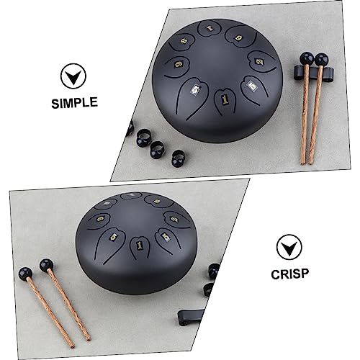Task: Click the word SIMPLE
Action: [x=74, y=102]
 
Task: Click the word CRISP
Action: [x=289, y=274]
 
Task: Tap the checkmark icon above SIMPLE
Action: [x=73, y=76]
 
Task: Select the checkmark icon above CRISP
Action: [x=289, y=247]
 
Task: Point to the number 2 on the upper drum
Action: [x=259, y=62]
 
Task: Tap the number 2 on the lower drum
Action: [x=175, y=219]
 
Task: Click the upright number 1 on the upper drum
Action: [x=225, y=99]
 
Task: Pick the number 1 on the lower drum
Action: [x=139, y=245]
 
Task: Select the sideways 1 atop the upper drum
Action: [x=210, y=28]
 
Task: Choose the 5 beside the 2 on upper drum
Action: [x=251, y=86]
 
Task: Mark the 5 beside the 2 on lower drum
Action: [x=166, y=237]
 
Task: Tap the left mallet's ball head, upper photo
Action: [x=307, y=59]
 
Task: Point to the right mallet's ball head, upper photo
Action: [x=321, y=60]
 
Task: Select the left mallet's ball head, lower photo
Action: [x=25, y=274]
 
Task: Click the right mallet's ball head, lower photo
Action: [x=46, y=265]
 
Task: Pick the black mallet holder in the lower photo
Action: [x=191, y=317]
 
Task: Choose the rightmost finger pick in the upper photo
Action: [x=179, y=158]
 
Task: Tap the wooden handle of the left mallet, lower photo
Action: [x=50, y=313]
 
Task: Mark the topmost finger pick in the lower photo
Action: [x=214, y=270]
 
